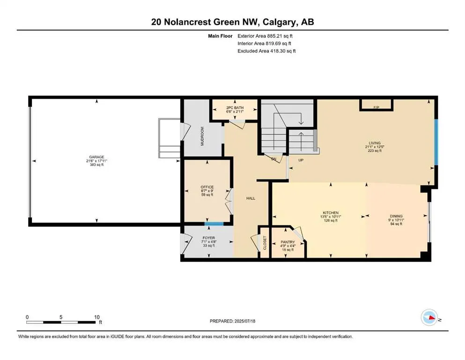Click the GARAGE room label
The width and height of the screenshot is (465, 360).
click(97, 157)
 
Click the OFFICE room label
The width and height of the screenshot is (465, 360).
click(207, 187)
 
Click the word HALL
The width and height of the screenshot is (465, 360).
click(251, 198)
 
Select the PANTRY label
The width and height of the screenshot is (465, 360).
click(288, 242)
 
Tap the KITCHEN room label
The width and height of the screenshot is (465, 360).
click(331, 212)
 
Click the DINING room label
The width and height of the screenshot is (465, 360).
click(396, 216)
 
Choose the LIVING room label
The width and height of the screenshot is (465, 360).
click(374, 143)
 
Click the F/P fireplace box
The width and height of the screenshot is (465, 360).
click(376, 107)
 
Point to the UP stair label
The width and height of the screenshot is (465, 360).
click(302, 160)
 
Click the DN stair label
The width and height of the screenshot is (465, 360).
click(274, 159)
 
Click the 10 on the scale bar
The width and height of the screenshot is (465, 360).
click(96, 317)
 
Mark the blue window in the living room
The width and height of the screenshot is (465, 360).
click(435, 142)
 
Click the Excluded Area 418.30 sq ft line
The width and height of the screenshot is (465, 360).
click(266, 51)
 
